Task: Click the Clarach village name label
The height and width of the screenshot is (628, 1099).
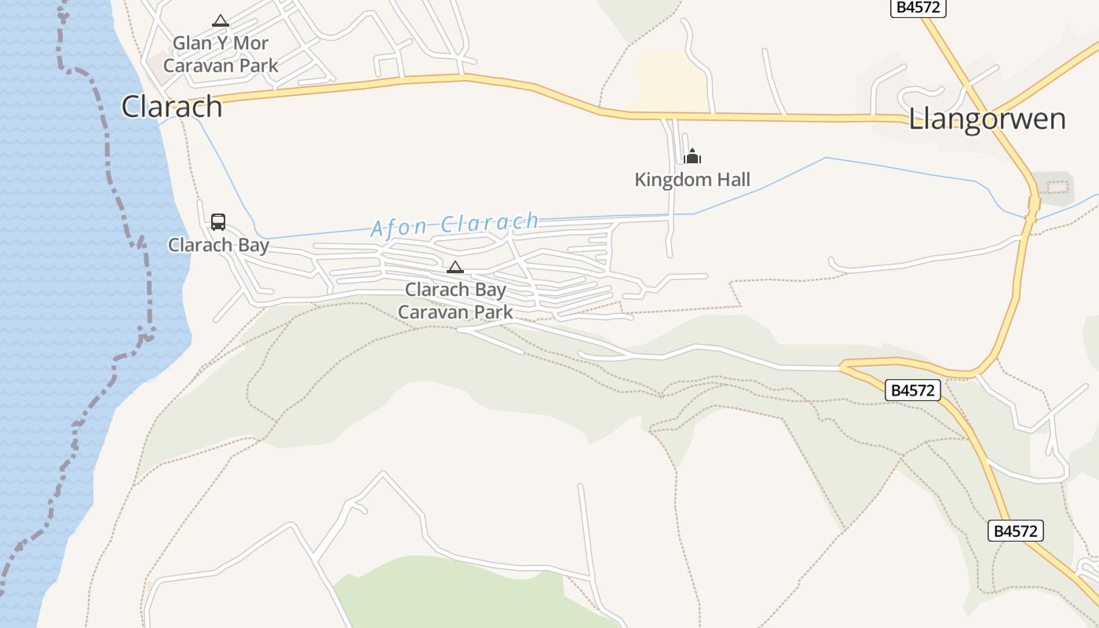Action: point(172,107)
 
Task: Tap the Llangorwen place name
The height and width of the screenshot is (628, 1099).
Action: point(987,119)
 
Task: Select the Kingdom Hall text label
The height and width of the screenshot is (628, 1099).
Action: point(692,180)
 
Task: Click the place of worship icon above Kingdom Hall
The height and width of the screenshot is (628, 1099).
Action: point(692,156)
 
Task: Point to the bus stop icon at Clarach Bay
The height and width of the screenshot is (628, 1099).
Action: point(218,222)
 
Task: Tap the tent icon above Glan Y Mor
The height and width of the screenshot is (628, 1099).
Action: point(221,20)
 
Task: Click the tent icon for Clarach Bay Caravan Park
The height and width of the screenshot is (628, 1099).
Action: point(455,267)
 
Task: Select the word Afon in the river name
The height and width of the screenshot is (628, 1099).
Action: point(398,228)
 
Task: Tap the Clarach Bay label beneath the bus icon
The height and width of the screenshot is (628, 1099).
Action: point(218,245)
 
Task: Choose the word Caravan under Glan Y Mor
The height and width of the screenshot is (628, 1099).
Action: point(197,65)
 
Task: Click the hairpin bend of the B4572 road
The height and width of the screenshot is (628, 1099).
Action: point(845,366)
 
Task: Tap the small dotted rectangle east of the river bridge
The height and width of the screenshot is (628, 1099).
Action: point(1058,187)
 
